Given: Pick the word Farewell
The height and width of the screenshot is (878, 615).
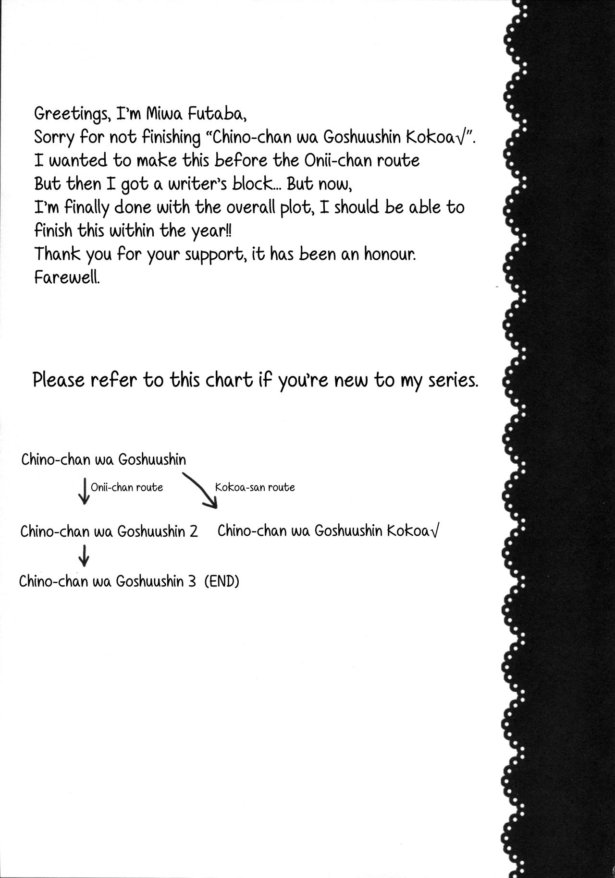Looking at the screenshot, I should (67, 277).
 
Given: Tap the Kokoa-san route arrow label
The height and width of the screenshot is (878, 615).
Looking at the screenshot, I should (255, 488).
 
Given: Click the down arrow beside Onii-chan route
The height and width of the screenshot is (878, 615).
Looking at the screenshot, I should (84, 490).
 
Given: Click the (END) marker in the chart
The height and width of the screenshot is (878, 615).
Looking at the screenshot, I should (221, 582).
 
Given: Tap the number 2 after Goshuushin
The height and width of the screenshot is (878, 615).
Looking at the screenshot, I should (194, 532).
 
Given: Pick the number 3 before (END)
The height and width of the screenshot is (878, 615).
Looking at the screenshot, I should (193, 582).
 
